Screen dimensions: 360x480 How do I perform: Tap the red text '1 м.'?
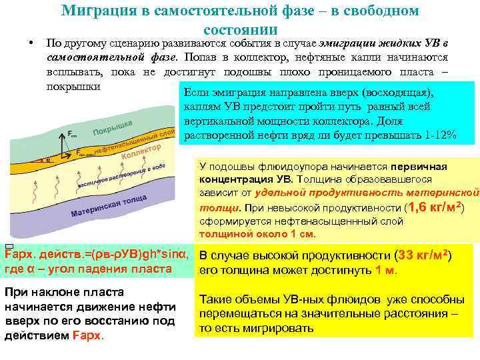pyautogui.click(x=386, y=269)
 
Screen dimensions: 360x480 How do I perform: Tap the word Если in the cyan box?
pyautogui.click(x=196, y=93)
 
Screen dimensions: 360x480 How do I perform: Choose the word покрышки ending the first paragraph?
pyautogui.click(x=73, y=86)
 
